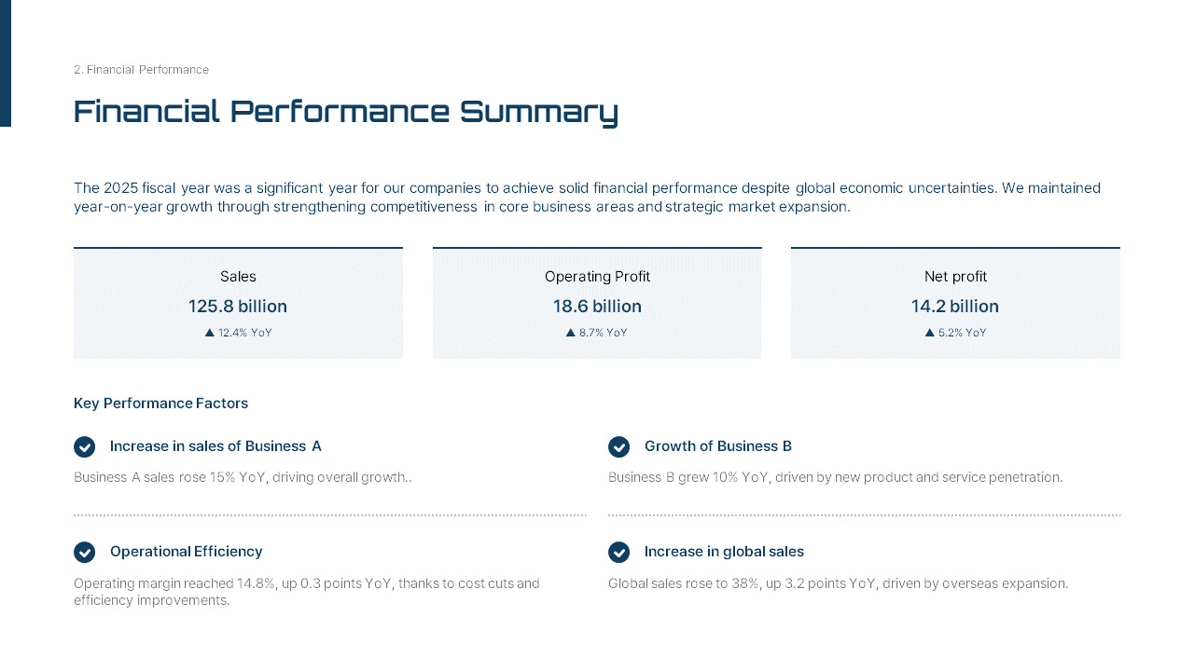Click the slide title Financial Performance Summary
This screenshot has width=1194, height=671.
coord(345,112)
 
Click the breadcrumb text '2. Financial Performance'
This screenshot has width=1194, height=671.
coord(141,70)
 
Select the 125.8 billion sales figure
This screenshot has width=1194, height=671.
coord(238,307)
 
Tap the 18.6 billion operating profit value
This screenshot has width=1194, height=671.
coord(597,307)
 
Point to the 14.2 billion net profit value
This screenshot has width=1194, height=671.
coord(955,307)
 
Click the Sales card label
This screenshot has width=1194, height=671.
coord(238,277)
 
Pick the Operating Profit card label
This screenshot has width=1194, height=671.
coord(597,277)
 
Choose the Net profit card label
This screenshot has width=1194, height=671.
coord(955,277)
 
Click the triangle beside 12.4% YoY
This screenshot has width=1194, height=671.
coord(210,333)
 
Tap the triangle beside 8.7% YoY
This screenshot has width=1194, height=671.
coord(571,333)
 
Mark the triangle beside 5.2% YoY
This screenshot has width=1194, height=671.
coord(930,333)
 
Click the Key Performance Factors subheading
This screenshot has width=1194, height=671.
coord(160,404)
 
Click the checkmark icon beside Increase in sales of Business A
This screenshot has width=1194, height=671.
coord(85,447)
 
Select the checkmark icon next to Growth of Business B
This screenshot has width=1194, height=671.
coord(619,447)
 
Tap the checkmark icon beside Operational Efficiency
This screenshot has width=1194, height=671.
coord(85,553)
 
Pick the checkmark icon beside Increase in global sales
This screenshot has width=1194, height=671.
coord(619,553)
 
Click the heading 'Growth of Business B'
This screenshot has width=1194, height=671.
coord(718,446)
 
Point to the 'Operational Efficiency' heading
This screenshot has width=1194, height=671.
coord(187,552)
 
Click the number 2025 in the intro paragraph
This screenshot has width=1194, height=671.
coord(121,188)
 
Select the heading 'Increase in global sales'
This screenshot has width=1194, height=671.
coord(724,552)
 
